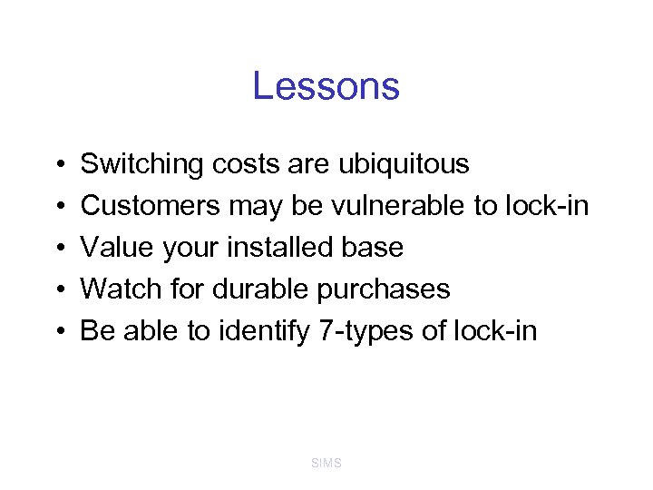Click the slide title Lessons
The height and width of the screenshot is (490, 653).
click(326, 86)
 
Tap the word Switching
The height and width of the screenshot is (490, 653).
click(141, 164)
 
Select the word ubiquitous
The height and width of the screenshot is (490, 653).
click(404, 164)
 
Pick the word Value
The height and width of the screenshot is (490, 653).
click(114, 248)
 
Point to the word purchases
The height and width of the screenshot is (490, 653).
click(384, 289)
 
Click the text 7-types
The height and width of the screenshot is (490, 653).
click(366, 331)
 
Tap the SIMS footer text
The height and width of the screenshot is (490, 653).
click(326, 463)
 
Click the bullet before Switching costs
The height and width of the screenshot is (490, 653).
click(57, 165)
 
